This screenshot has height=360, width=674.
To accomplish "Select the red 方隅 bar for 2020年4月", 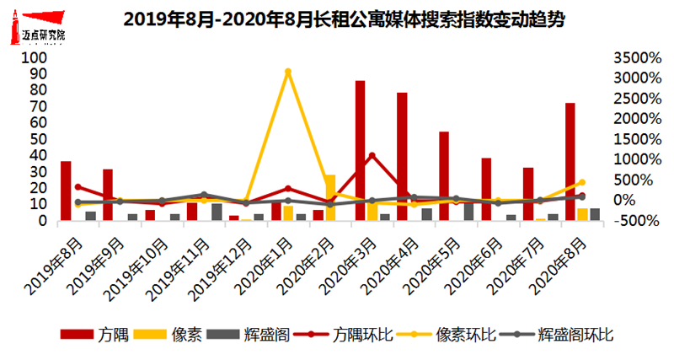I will tap(402, 156).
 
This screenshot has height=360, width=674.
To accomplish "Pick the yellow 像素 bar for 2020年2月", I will tap(329, 198).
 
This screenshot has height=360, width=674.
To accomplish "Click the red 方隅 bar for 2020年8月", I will tap(570, 161).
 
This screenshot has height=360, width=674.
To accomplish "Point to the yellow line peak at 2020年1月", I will tap(288, 72).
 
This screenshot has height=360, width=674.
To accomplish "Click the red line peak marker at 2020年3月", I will tap(372, 156).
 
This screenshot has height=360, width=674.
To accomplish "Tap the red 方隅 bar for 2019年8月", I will tap(66, 191).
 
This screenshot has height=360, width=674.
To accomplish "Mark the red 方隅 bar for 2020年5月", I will tap(444, 175).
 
